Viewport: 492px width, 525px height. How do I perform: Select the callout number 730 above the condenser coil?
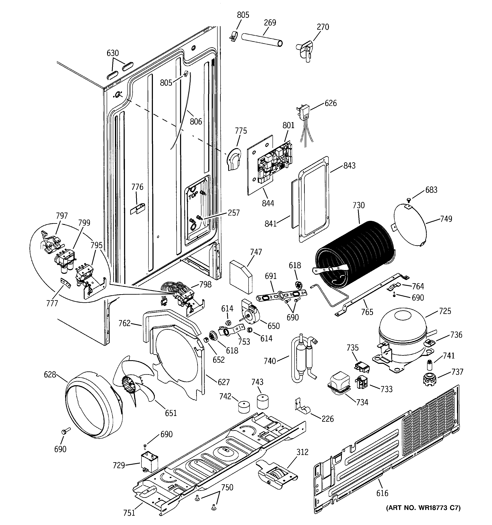click(x=358, y=205)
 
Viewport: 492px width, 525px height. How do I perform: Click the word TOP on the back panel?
click(x=193, y=196)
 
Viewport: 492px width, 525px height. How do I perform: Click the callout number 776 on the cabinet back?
click(x=137, y=187)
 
